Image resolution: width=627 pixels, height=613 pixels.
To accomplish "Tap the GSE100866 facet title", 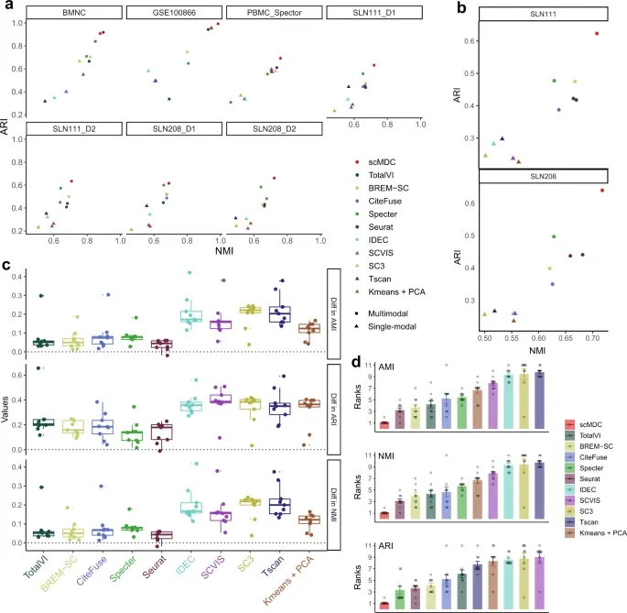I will click(x=172, y=14).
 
